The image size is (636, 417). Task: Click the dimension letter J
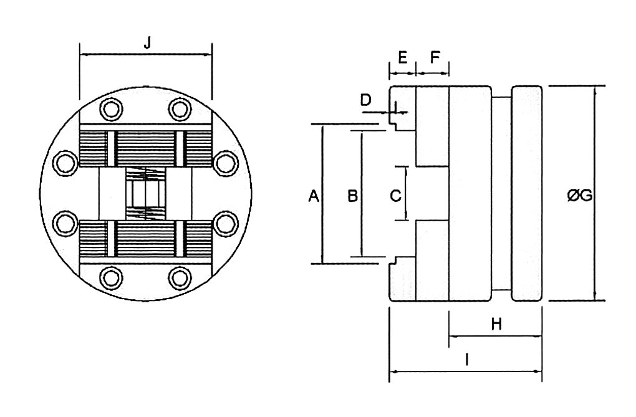point(147,42)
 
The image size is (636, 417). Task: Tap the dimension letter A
point(314,196)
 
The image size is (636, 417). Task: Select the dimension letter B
point(353,196)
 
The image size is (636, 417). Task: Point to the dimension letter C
point(395,196)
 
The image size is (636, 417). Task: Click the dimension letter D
point(366,100)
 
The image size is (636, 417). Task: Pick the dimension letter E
point(402,57)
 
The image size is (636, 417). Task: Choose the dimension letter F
point(435,57)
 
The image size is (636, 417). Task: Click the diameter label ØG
point(580,196)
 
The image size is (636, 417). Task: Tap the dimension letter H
point(496,324)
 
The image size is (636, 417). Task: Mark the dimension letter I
point(467,360)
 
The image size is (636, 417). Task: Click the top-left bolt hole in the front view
point(112,109)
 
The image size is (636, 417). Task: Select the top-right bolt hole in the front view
point(180,109)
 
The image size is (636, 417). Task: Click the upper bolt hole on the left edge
point(65,163)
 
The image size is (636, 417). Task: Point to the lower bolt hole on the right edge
point(226,224)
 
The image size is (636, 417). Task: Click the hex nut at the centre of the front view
point(146,193)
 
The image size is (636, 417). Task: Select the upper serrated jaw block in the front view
point(146,148)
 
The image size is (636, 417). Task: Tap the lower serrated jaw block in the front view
point(146,239)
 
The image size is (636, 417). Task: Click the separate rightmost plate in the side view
point(527,193)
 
